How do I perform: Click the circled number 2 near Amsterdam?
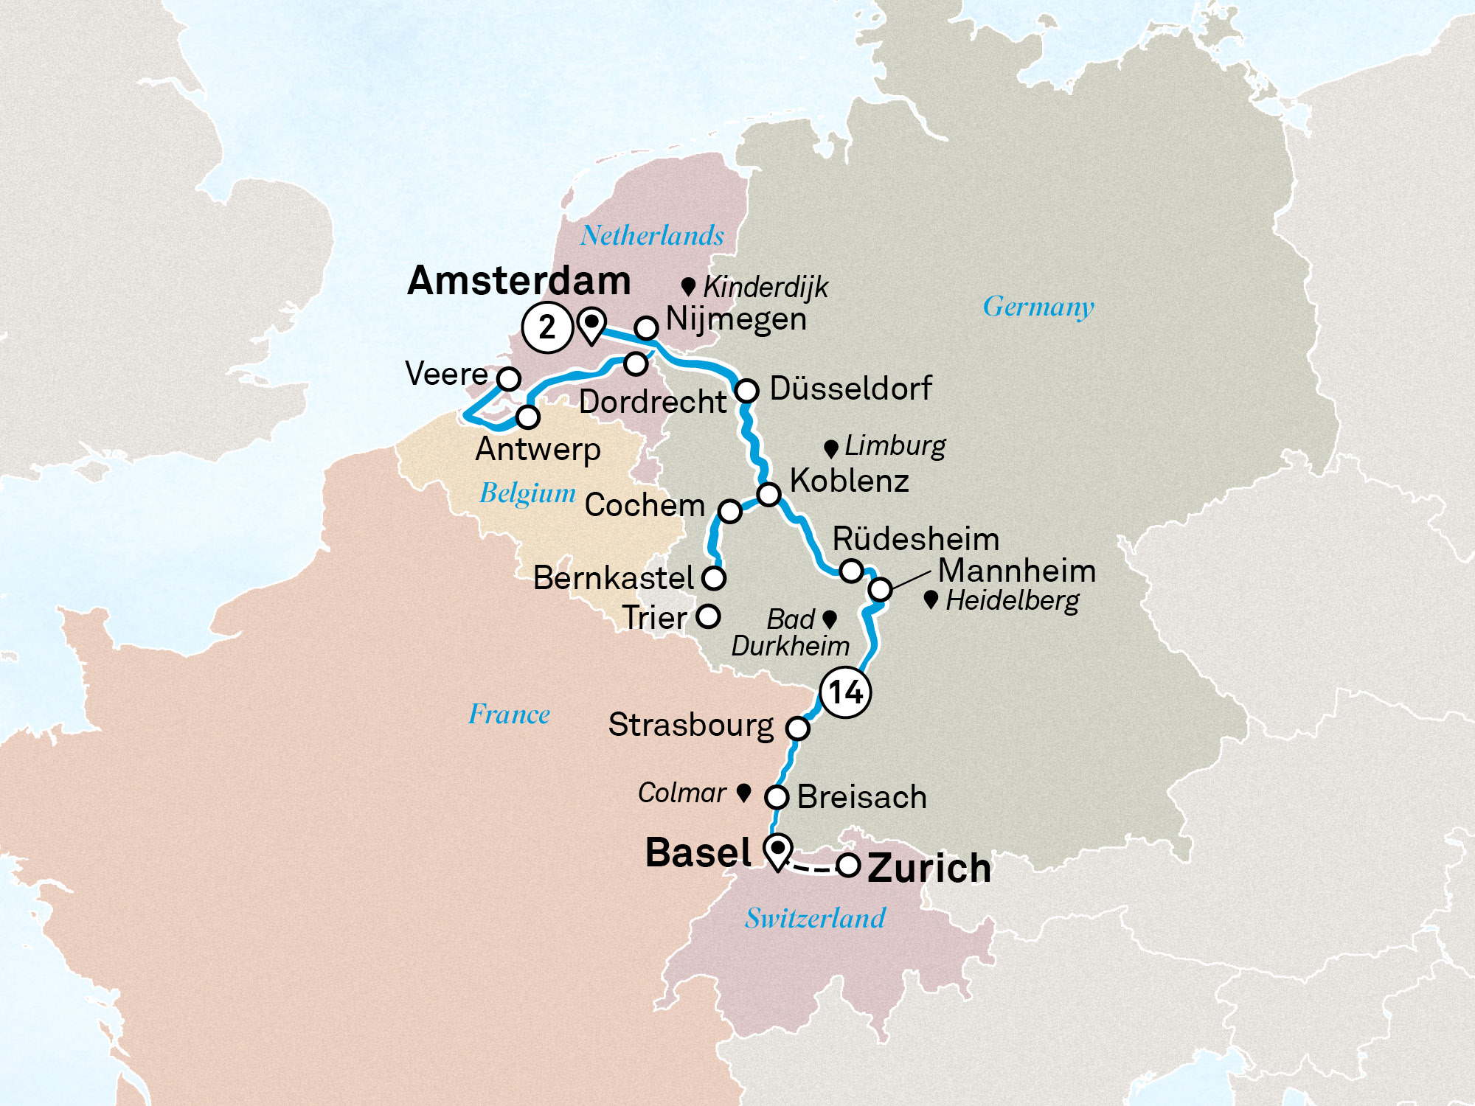pyautogui.click(x=546, y=327)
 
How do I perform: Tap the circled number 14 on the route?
pyautogui.click(x=845, y=692)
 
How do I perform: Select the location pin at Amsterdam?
pyautogui.click(x=591, y=324)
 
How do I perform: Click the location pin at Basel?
pyautogui.click(x=777, y=852)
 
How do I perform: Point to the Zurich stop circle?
pyautogui.click(x=848, y=865)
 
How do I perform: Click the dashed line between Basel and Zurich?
pyautogui.click(x=813, y=869)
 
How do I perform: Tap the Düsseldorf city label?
pyautogui.click(x=850, y=389)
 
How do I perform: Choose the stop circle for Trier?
pyautogui.click(x=708, y=616)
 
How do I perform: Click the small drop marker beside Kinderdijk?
pyautogui.click(x=688, y=286)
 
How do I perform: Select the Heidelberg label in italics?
pyautogui.click(x=1012, y=601)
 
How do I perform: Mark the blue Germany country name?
pyautogui.click(x=1038, y=307)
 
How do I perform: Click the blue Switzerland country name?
pyautogui.click(x=814, y=918)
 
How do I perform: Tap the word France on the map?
pyautogui.click(x=509, y=714)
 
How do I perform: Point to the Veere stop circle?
pyautogui.click(x=508, y=378)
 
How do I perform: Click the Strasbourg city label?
pyautogui.click(x=690, y=726)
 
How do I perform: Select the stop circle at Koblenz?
pyautogui.click(x=768, y=493)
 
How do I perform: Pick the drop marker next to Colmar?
pyautogui.click(x=744, y=793)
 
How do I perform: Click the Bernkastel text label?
pyautogui.click(x=613, y=578)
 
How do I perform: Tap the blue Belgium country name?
pyautogui.click(x=527, y=493)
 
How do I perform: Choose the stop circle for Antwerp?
pyautogui.click(x=527, y=417)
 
